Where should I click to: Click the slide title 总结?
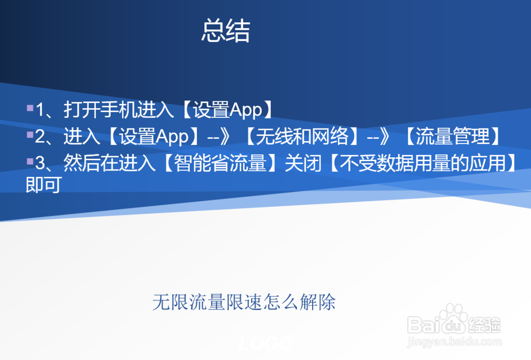click(225, 31)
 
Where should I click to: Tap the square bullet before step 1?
click(30, 108)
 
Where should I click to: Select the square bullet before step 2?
click(30, 135)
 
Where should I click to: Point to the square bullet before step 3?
click(30, 161)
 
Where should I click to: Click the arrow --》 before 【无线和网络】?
click(223, 137)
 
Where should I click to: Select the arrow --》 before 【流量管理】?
click(383, 137)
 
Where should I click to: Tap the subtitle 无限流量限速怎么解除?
click(244, 303)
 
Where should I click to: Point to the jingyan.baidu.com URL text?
click(454, 342)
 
